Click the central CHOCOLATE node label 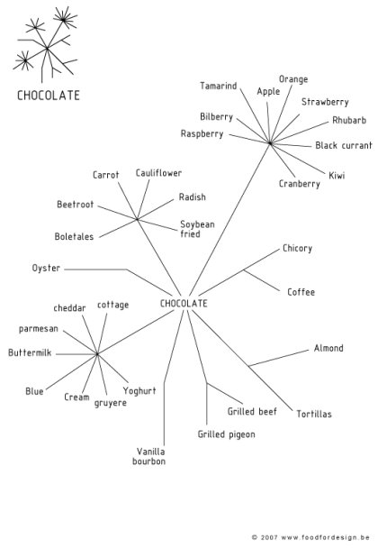[184, 304]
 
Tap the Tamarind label [219, 87]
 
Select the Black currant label [344, 145]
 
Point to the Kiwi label [337, 175]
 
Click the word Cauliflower [159, 173]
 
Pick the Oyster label [46, 269]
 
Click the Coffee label [301, 292]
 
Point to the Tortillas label [314, 414]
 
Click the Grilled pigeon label [226, 434]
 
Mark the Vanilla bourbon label [151, 456]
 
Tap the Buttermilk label [31, 353]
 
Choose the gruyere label [110, 403]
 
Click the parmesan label [38, 329]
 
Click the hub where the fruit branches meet [269, 142]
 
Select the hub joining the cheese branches [97, 354]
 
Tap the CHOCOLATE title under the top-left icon [49, 95]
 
